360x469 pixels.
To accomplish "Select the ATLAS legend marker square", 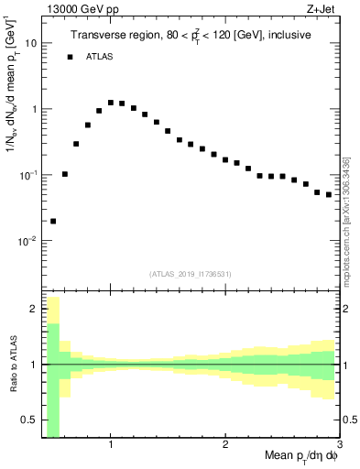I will (x=70, y=57).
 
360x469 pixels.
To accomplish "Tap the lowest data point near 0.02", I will (x=53, y=221).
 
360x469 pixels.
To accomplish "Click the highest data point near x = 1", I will (x=111, y=103).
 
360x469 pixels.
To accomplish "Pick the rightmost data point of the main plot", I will (x=329, y=194).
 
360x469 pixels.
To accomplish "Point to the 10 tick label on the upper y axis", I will (x=31, y=43).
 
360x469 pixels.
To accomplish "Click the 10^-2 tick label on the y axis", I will (x=28, y=241).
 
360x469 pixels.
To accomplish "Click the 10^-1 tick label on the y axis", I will (x=28, y=174).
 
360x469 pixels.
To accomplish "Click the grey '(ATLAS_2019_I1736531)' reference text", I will (x=191, y=274).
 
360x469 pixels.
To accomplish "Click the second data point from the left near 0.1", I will (x=65, y=173).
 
